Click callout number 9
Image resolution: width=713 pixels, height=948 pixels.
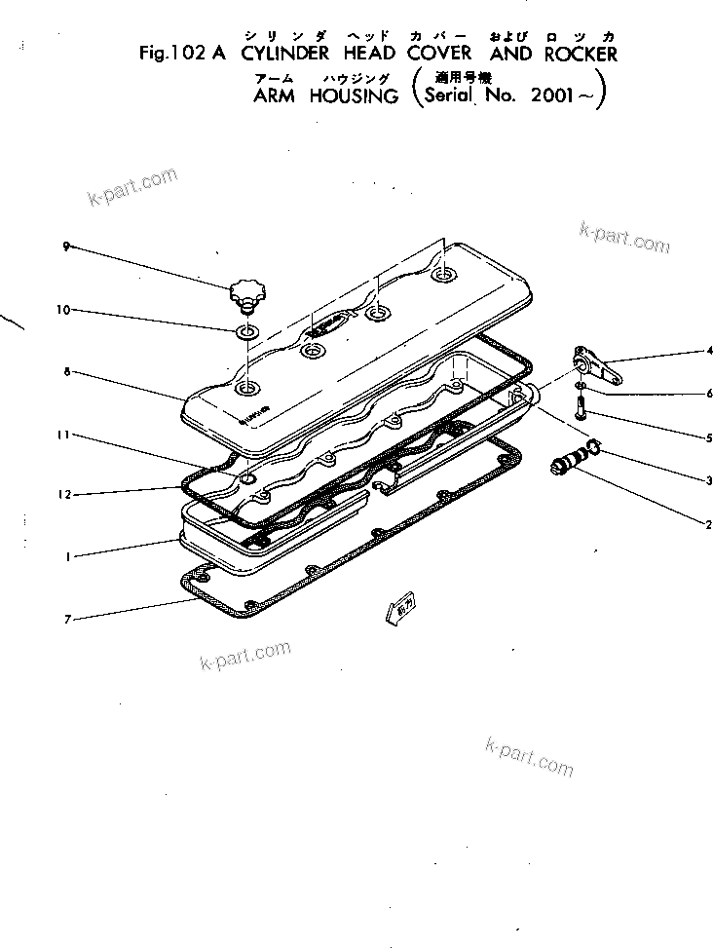pos(65,246)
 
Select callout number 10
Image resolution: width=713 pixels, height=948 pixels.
pos(63,311)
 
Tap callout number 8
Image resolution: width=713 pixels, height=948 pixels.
pos(65,371)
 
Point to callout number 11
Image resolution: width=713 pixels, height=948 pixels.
pos(63,435)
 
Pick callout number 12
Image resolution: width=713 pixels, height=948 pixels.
pos(63,495)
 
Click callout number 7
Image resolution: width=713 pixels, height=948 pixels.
pos(65,618)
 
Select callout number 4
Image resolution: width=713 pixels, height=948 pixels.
pos(710,350)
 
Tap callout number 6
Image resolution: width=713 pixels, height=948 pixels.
pos(710,394)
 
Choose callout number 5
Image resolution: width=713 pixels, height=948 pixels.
pos(710,437)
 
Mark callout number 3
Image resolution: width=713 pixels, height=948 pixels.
pos(710,480)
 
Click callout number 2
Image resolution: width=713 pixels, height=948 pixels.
pos(710,523)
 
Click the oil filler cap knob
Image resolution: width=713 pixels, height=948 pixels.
pos(245,290)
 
